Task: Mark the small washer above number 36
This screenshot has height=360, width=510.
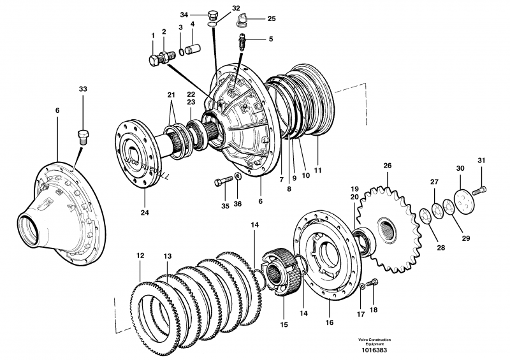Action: tap(237, 176)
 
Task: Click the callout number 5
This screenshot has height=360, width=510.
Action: tap(270, 39)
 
